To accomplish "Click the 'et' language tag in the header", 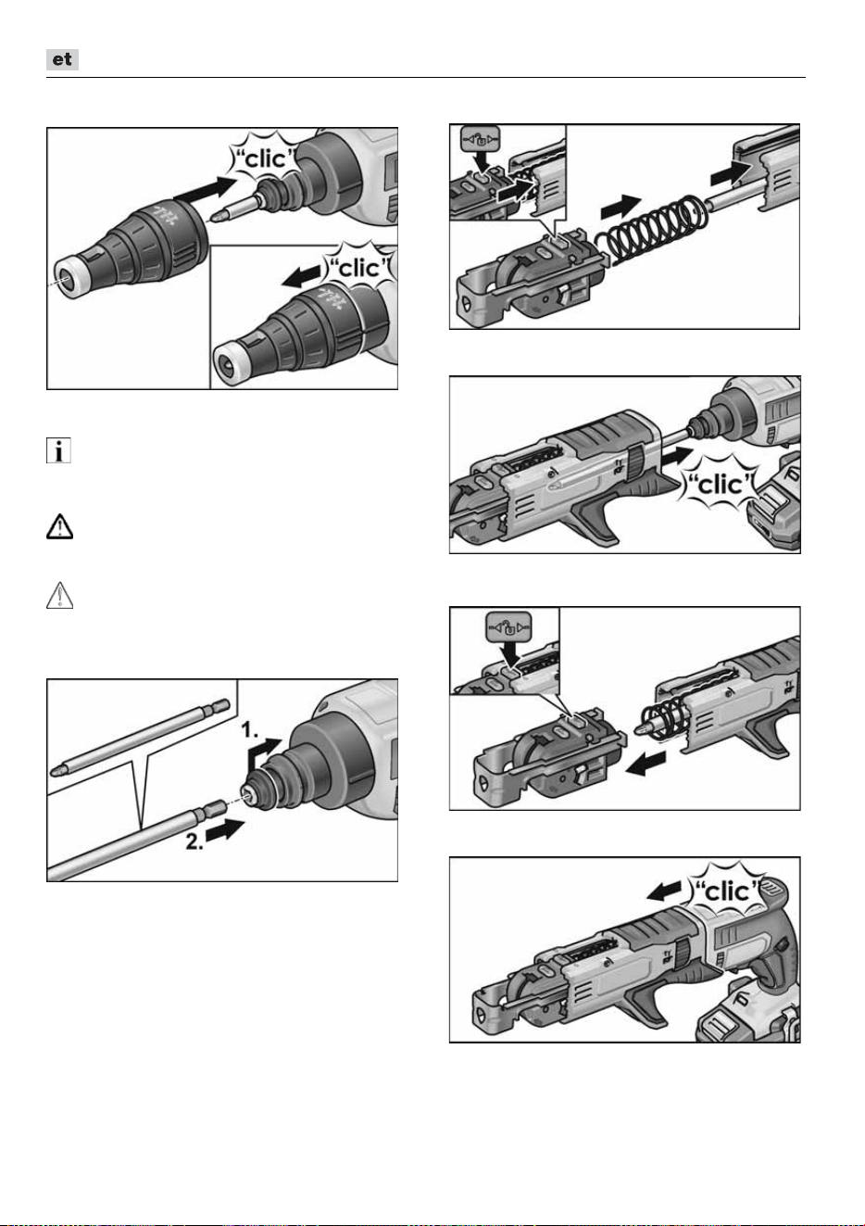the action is [62, 59].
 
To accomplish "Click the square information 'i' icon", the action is [58, 451].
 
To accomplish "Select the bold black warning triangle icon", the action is [59, 527].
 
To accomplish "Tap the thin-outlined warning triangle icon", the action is [59, 596].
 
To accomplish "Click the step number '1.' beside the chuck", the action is [250, 729].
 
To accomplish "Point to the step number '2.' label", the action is [194, 841].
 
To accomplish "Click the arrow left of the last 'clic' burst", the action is [664, 891].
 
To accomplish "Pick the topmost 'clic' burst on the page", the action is [265, 159].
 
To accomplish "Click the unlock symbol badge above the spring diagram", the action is [481, 140].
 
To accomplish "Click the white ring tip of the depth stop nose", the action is [69, 278].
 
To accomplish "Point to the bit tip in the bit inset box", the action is [56, 772].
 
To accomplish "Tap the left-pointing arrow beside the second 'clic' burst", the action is [302, 277].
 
